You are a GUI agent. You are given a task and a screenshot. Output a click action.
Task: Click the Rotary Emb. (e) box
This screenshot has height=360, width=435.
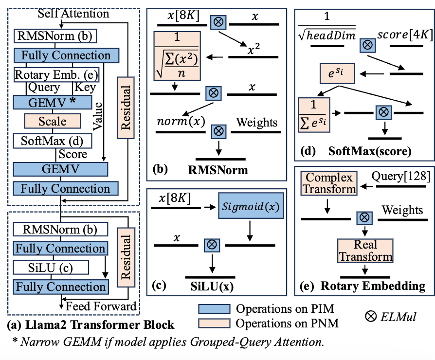tap(56, 75)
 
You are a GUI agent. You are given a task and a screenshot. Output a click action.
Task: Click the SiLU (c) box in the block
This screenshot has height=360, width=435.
tap(51, 267)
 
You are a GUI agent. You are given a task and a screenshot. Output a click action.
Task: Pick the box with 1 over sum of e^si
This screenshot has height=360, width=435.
tap(314, 114)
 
